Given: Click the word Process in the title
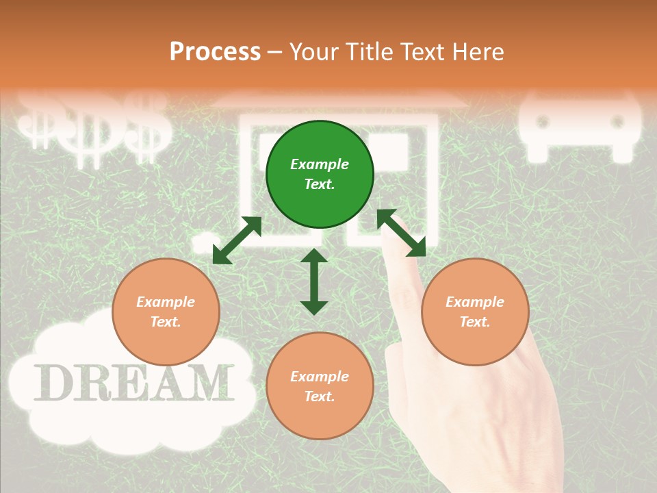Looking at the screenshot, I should coord(215,51).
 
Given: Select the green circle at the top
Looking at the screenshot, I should coord(320,174).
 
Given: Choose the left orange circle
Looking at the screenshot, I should coord(166,312).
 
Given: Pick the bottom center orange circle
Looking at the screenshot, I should coord(320,386).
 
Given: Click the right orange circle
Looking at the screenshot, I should coord(475,312).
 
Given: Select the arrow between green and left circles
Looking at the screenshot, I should coord(237,240).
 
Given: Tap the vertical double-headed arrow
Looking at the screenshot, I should coord(314,281).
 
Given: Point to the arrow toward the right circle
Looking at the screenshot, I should coord(402,233).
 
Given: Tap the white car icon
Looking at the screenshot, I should coord(580,127).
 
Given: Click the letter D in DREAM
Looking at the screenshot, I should coord(52,383).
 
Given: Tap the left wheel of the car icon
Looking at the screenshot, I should coord(543,122).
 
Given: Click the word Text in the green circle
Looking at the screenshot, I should coord(320,184).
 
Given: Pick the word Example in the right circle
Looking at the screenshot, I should coord(475,302).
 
